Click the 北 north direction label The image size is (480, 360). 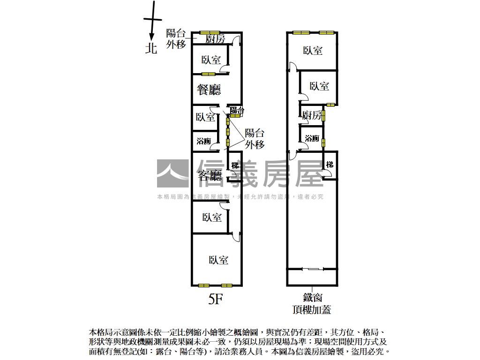coord(151,48)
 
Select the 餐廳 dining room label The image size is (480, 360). coord(209,90)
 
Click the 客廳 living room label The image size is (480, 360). coord(210,176)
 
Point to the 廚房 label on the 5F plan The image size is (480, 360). coord(216,39)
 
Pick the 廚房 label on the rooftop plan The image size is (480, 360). coord(312,115)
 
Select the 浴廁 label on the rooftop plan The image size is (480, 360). coord(312,138)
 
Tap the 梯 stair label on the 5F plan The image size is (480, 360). coord(235,165)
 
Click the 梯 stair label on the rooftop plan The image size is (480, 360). coord(330,165)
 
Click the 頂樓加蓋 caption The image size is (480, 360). coord(312,309)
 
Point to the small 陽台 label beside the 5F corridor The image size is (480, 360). coord(237,111)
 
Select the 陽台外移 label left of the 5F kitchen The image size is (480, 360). coord(176,39)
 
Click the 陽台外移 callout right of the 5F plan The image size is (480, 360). coord(255,139)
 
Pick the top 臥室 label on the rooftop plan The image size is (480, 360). coord(313,50)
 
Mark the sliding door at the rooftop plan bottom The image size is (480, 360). coord(312,269)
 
